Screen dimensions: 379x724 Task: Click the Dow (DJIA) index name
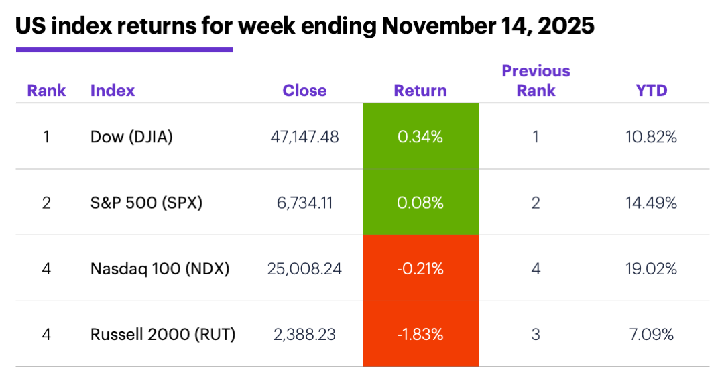click(x=131, y=137)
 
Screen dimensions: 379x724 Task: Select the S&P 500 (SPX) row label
click(x=145, y=202)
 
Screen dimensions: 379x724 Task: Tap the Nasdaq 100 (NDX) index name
click(x=160, y=268)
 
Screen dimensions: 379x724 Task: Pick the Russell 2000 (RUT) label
click(x=163, y=334)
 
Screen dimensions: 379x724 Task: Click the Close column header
click(x=304, y=91)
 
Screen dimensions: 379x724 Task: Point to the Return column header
click(x=420, y=91)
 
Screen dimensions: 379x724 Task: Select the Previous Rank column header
click(x=536, y=80)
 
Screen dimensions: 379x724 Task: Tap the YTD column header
click(x=652, y=91)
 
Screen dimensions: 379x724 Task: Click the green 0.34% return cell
click(x=420, y=137)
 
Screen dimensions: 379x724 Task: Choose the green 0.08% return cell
click(x=420, y=202)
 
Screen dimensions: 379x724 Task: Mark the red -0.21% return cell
click(x=420, y=268)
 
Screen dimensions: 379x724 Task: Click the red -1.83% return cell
click(x=420, y=334)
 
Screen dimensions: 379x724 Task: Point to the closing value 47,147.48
click(x=304, y=137)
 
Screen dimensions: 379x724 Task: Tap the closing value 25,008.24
click(x=304, y=268)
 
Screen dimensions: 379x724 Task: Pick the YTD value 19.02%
click(x=652, y=268)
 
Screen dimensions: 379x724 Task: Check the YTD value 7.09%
click(x=652, y=334)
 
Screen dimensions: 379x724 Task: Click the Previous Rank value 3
click(x=536, y=334)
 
